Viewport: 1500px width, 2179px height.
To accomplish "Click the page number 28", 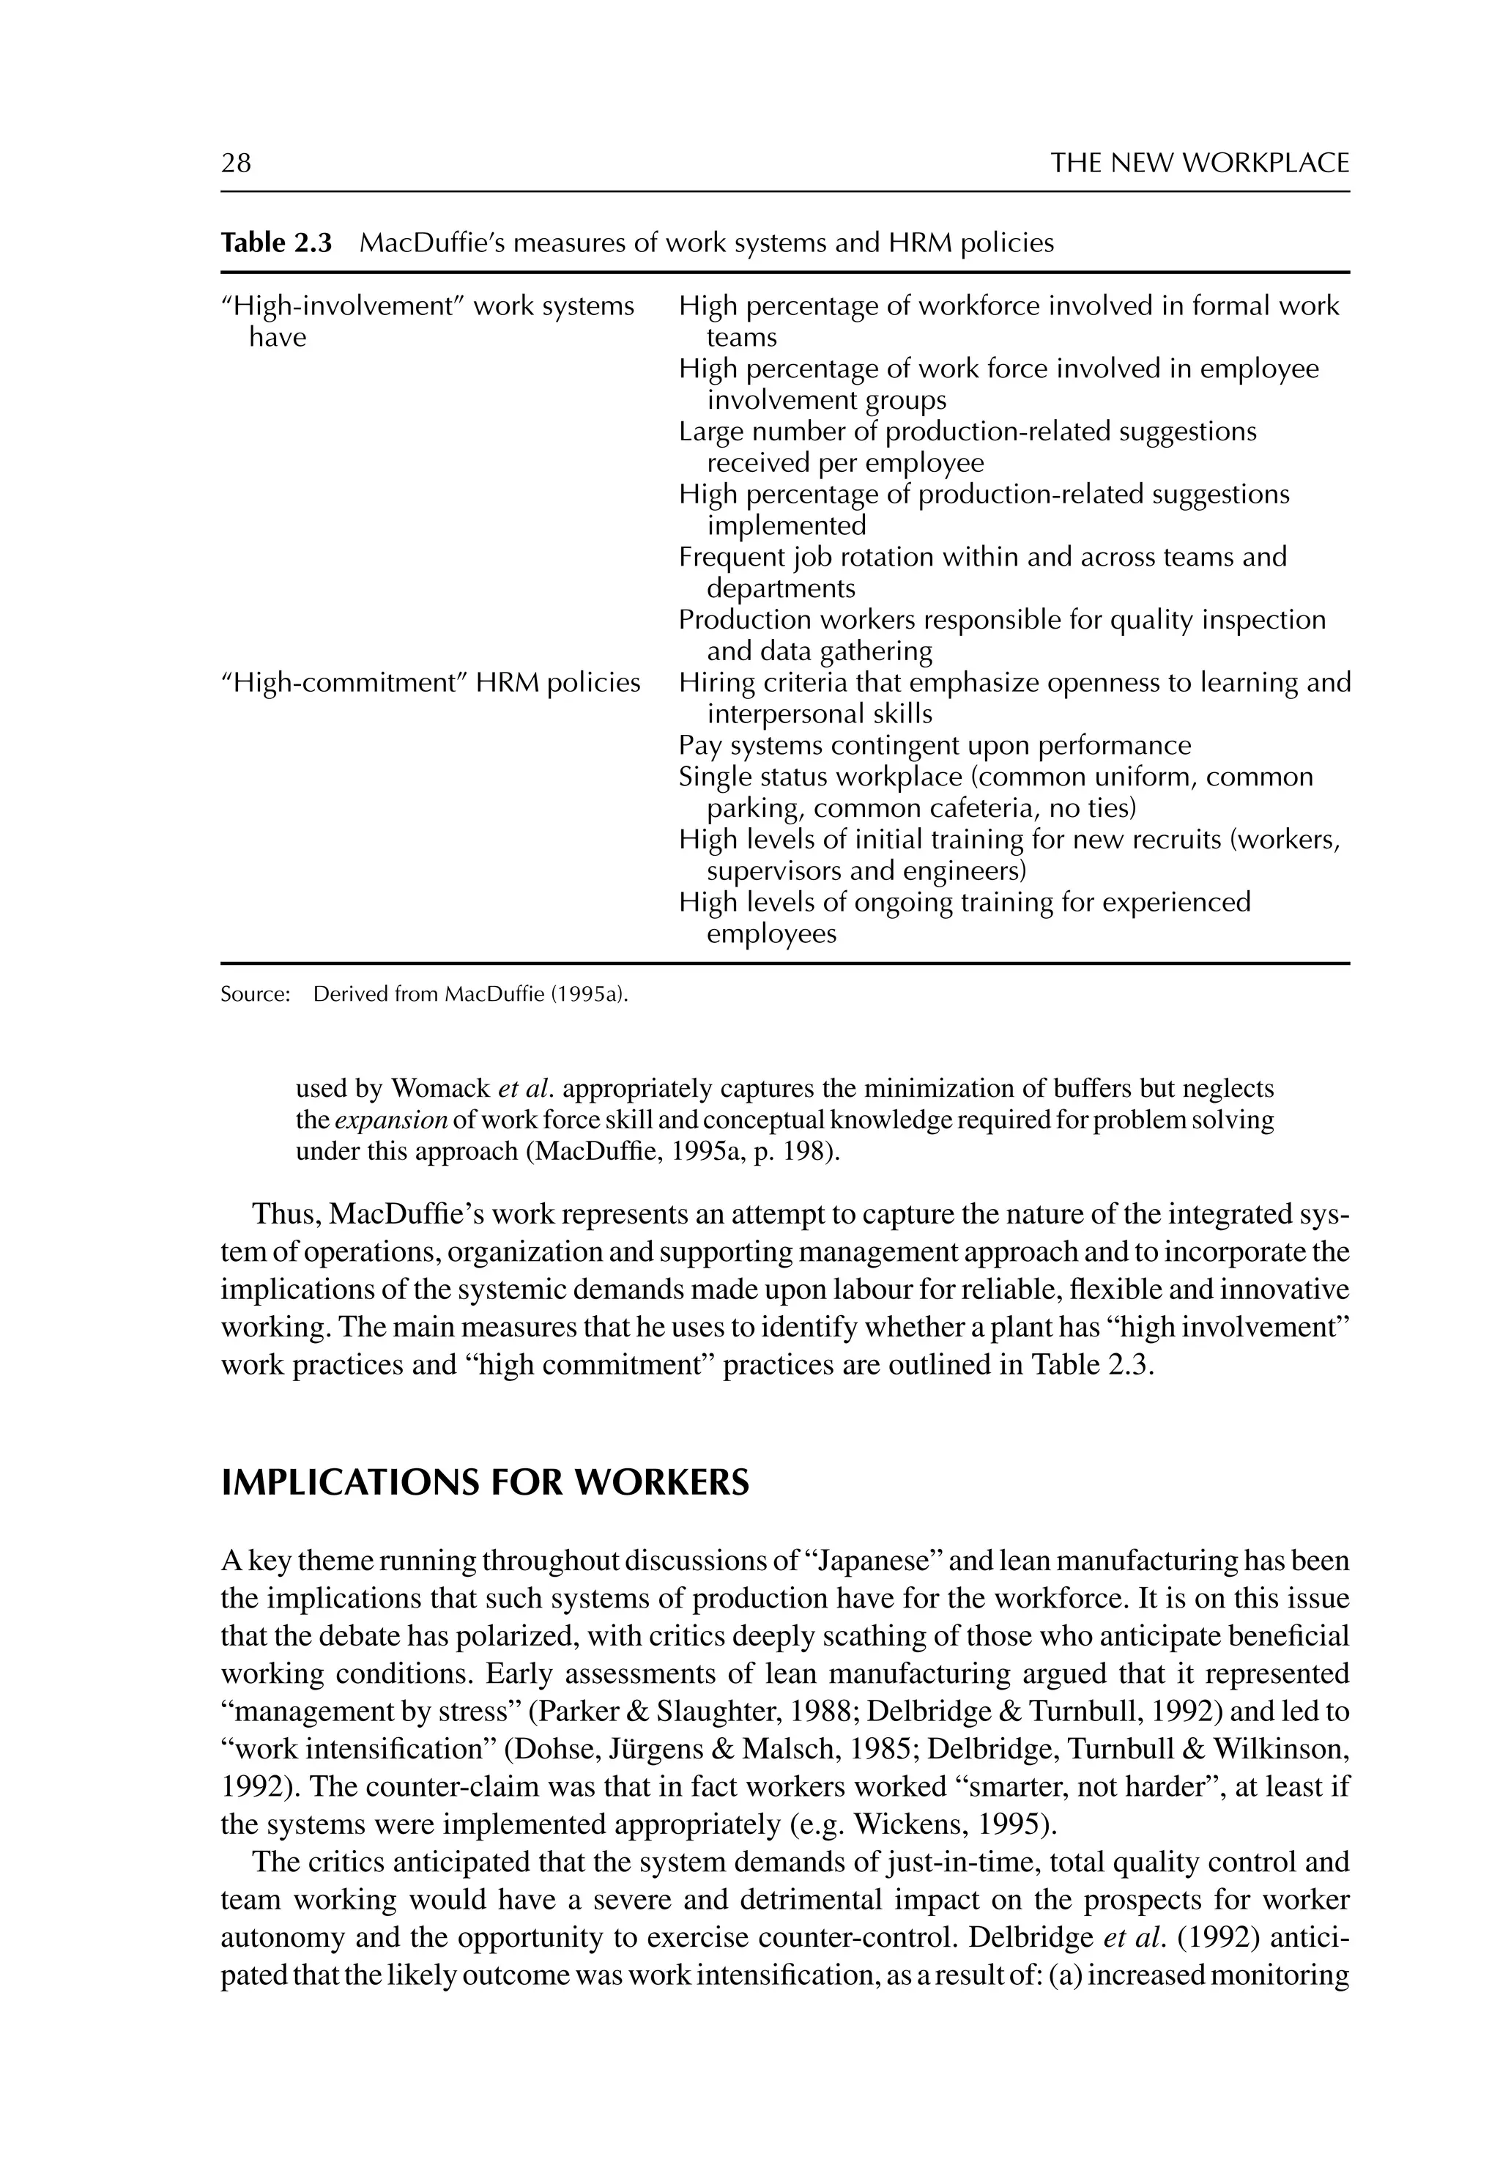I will click(236, 163).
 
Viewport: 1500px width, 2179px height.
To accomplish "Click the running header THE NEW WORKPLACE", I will click(1199, 163).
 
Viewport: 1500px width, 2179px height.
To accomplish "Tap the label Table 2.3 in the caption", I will click(276, 243).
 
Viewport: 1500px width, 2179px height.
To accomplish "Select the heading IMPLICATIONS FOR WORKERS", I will click(485, 1484).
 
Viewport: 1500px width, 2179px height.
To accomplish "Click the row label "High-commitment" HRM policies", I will click(431, 684).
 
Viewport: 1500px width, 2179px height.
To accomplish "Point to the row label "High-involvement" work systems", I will click(428, 306).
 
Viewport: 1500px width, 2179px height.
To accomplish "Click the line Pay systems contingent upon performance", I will click(935, 747).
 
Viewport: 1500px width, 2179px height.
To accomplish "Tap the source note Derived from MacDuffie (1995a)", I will click(470, 994).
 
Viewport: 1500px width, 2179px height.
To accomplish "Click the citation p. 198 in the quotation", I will click(801, 1153).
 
